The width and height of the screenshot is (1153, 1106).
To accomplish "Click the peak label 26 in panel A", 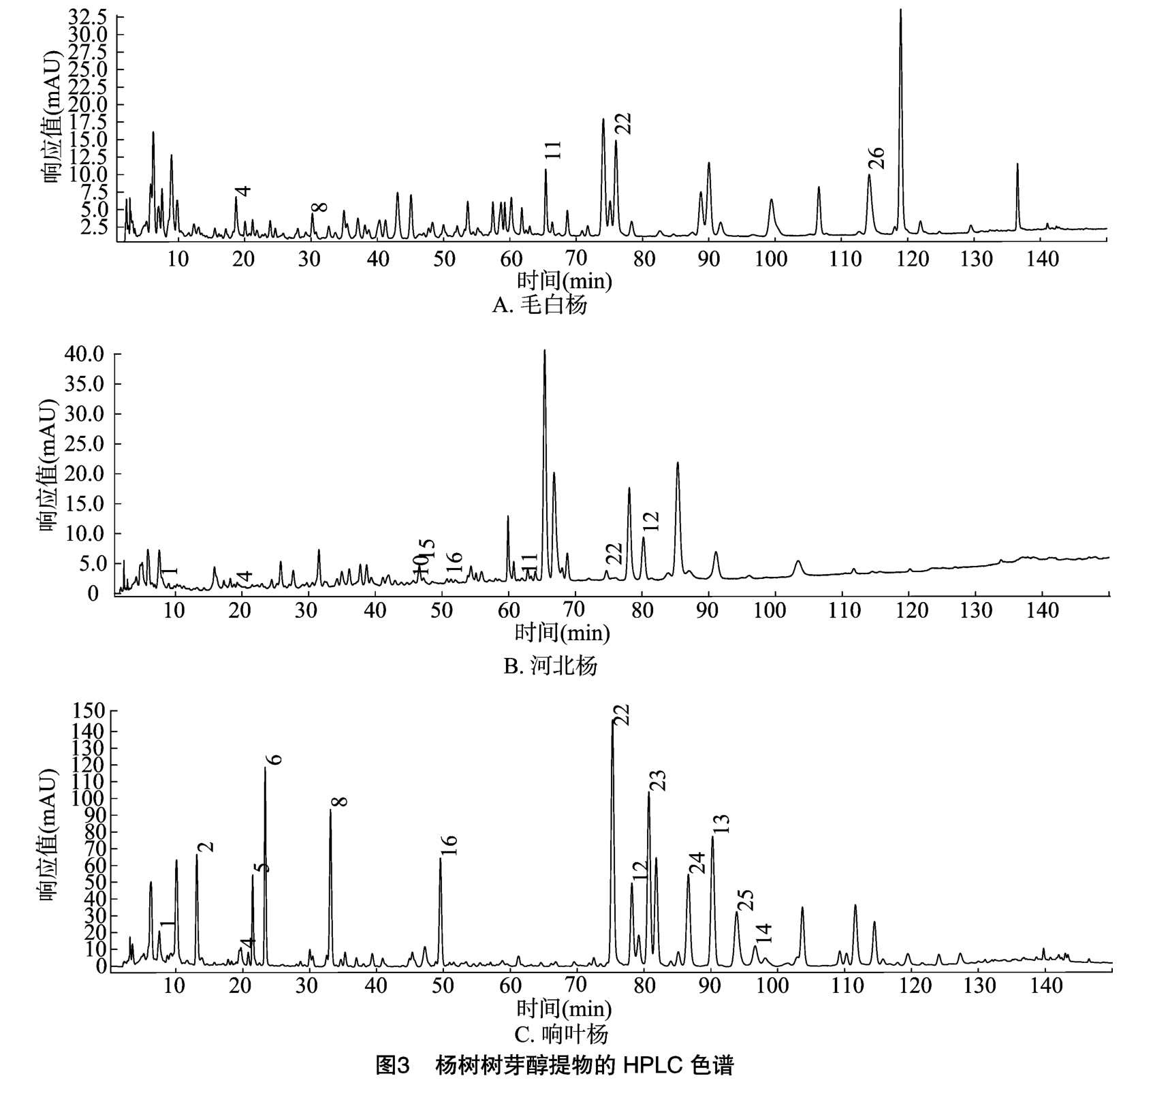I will [876, 158].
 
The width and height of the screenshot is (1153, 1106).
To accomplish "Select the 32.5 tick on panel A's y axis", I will [87, 16].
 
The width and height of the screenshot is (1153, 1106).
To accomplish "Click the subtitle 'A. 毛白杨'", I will [539, 304].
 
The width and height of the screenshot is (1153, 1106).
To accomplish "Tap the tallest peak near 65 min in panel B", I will [544, 352].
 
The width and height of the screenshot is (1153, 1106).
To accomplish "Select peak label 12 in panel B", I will [651, 521].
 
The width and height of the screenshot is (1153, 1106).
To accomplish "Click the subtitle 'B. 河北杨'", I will [550, 665].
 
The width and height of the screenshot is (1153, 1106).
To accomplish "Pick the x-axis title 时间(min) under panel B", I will [562, 633].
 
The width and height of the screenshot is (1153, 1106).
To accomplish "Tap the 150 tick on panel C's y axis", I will [90, 711].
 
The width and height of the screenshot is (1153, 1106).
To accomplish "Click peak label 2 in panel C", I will [206, 847].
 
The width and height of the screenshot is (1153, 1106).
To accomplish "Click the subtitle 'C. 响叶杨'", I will [560, 1035].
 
